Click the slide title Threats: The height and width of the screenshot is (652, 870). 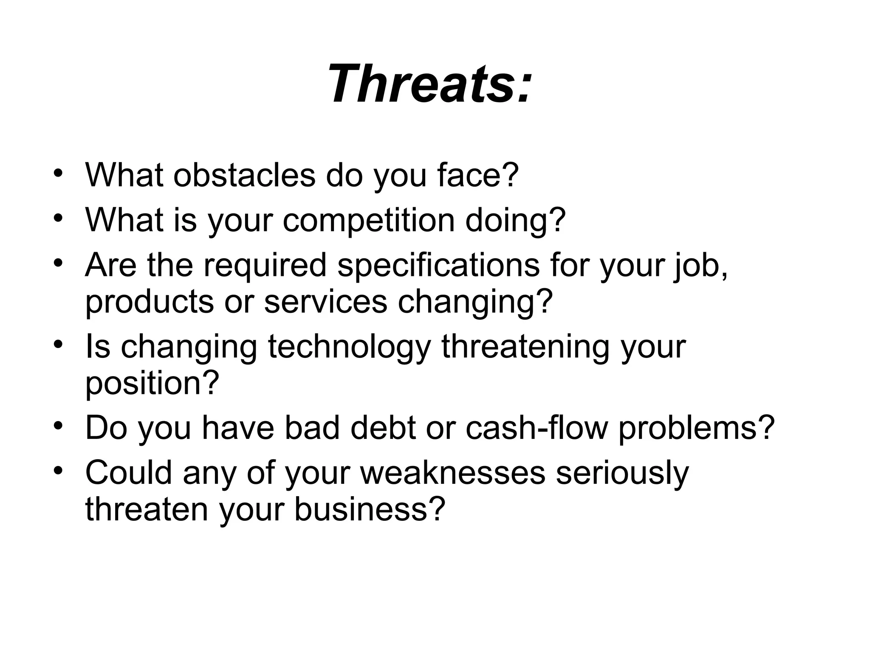click(x=429, y=84)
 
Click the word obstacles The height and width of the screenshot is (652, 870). click(x=244, y=175)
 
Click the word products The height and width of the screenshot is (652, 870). click(x=149, y=302)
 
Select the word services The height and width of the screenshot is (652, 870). click(x=325, y=302)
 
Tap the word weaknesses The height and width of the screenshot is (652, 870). click(x=453, y=473)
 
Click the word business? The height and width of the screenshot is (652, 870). click(x=370, y=509)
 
